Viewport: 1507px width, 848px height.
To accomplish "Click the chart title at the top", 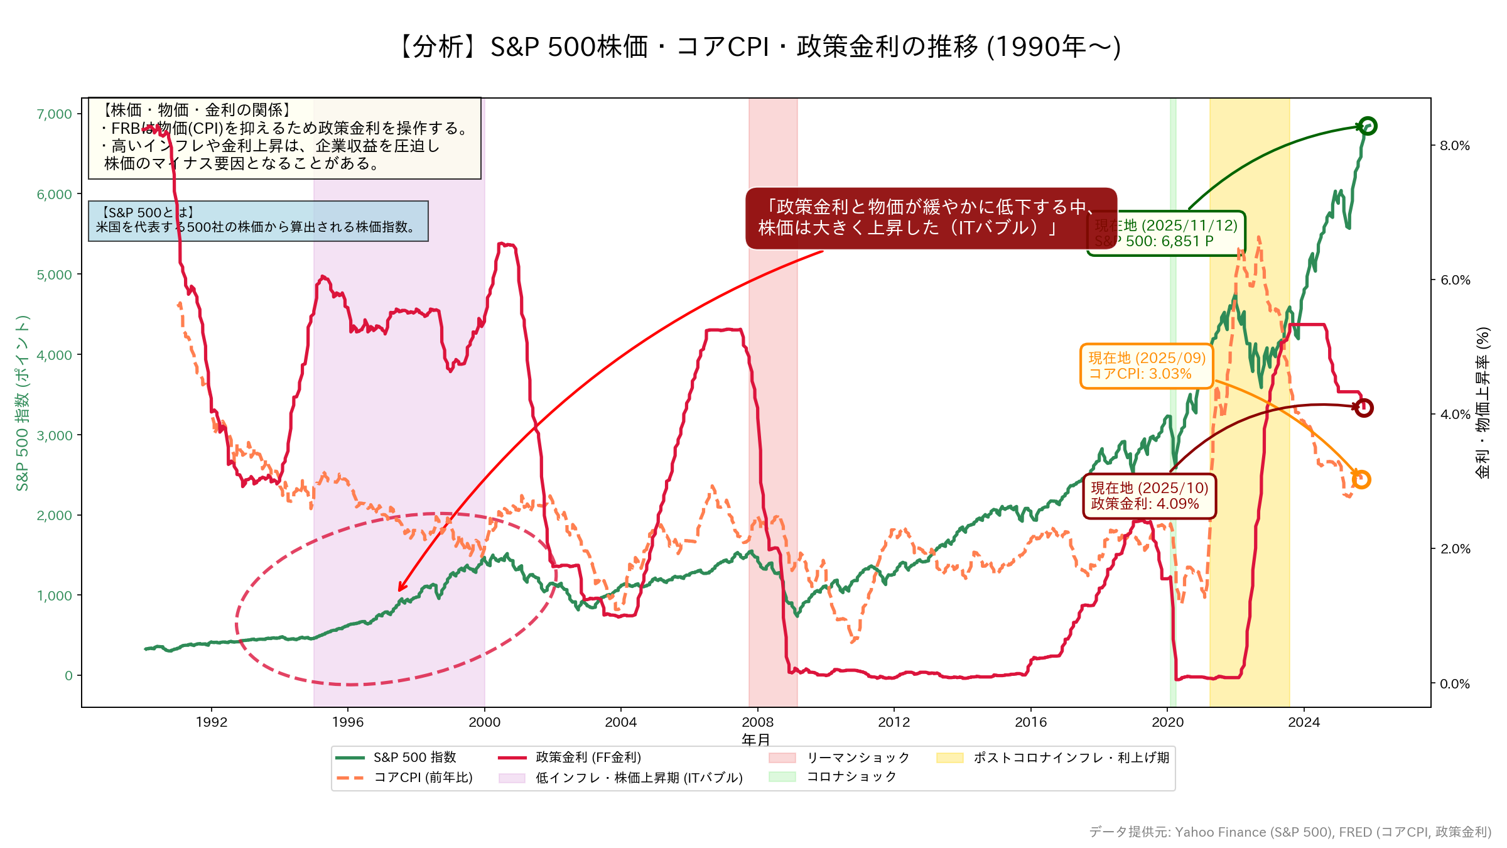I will (x=756, y=47).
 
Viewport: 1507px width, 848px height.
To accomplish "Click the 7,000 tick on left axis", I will (x=55, y=114).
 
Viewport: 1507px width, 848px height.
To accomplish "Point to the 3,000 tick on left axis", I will (x=55, y=435).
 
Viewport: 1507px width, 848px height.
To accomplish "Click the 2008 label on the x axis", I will (x=757, y=722).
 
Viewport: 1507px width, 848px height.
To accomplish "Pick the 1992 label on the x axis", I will (x=211, y=722).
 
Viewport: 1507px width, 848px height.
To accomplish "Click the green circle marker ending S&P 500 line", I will (x=1368, y=126).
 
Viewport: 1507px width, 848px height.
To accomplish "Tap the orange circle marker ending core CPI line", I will (x=1361, y=480).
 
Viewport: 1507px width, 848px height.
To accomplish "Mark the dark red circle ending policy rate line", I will (x=1363, y=408).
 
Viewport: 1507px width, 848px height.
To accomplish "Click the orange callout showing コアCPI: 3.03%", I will (x=1147, y=366).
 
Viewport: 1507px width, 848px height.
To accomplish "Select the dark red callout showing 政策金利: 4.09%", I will (x=1149, y=496).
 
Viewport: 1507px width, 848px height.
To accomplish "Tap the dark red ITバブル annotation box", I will (x=931, y=218).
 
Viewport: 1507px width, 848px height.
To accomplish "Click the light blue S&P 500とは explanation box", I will (x=258, y=220).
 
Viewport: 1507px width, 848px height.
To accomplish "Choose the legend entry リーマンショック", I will (x=858, y=758).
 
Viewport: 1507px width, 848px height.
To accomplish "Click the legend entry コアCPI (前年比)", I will (x=423, y=778).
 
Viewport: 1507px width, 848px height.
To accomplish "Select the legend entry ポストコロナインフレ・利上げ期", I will (x=1071, y=758).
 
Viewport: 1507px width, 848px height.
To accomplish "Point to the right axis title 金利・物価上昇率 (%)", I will (x=1483, y=402).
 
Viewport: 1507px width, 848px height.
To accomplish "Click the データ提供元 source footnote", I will (x=1290, y=832).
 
